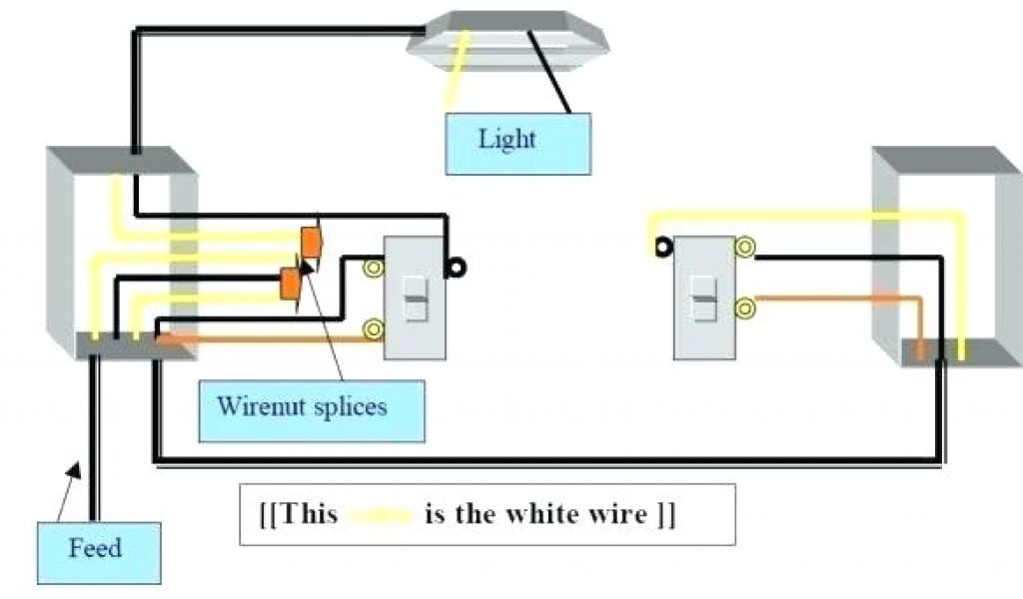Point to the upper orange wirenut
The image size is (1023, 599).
pos(311,243)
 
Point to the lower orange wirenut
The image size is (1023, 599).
pos(291,283)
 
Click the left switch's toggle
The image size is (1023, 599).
pos(414,297)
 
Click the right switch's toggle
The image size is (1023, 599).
pos(704,296)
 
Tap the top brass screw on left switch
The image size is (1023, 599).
pos(375,268)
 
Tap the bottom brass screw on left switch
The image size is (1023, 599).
pos(375,326)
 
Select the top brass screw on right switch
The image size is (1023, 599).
pos(743,246)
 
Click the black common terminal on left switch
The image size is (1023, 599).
pos(459,267)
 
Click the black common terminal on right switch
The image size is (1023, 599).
pos(660,246)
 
